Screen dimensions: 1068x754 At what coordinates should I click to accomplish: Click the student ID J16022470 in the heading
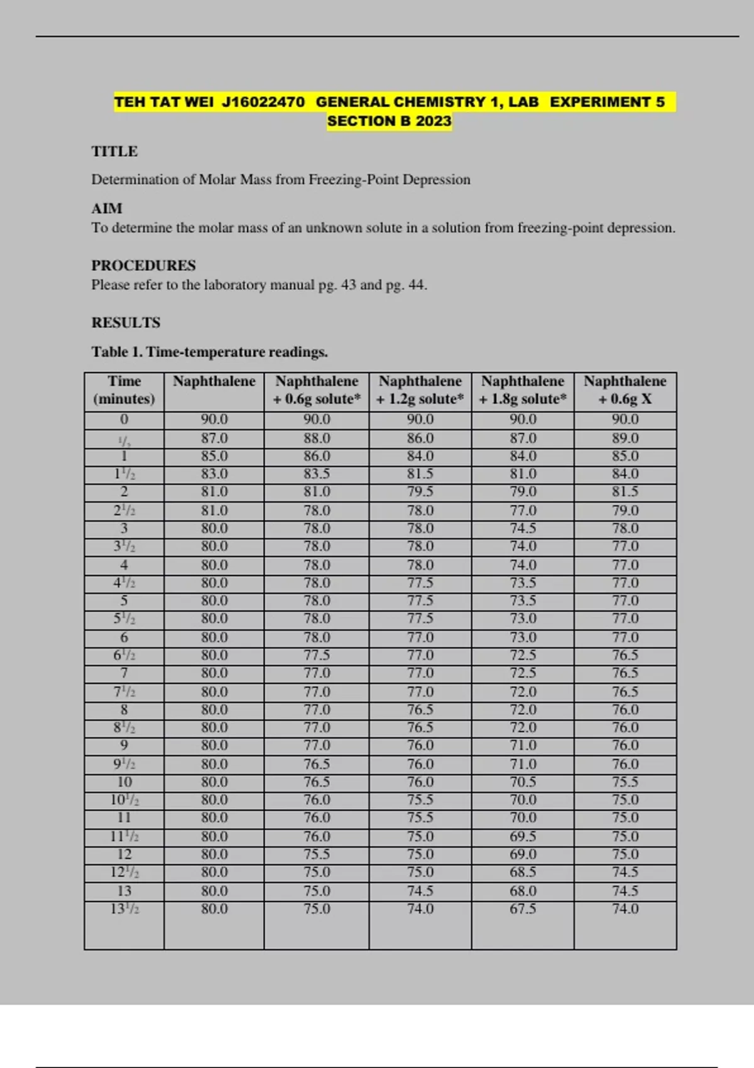(x=263, y=102)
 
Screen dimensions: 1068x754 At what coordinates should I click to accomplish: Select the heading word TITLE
(x=114, y=151)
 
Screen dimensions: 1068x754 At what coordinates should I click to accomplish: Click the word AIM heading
(x=107, y=209)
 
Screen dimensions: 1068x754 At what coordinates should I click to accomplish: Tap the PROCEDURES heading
(x=143, y=265)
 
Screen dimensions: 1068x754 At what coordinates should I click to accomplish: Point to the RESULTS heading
(x=126, y=322)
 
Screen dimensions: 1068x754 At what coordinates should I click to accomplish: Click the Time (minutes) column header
(x=124, y=390)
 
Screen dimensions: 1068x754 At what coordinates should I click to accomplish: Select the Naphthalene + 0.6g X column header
(x=625, y=390)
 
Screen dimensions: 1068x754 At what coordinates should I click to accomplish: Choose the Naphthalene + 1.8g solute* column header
(x=522, y=390)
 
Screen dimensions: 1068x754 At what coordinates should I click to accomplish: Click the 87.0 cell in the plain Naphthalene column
(x=214, y=438)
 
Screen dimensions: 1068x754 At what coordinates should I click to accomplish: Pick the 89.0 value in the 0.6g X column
(x=625, y=438)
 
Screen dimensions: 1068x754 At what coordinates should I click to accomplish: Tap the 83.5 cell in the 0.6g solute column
(x=317, y=474)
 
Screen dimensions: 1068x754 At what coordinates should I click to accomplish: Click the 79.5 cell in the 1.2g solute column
(x=420, y=491)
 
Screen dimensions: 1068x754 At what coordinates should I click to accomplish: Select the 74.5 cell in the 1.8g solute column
(x=523, y=528)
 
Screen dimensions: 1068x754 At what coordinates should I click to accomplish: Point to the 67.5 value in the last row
(x=523, y=908)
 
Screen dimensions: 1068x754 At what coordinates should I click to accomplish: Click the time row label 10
(x=124, y=782)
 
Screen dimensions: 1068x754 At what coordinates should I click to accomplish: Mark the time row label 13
(x=124, y=891)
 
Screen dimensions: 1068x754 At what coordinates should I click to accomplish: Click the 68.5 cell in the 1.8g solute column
(x=523, y=872)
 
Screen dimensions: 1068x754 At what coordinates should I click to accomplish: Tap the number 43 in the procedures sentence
(x=349, y=285)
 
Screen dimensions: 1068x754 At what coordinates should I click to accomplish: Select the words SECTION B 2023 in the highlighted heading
(x=389, y=121)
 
